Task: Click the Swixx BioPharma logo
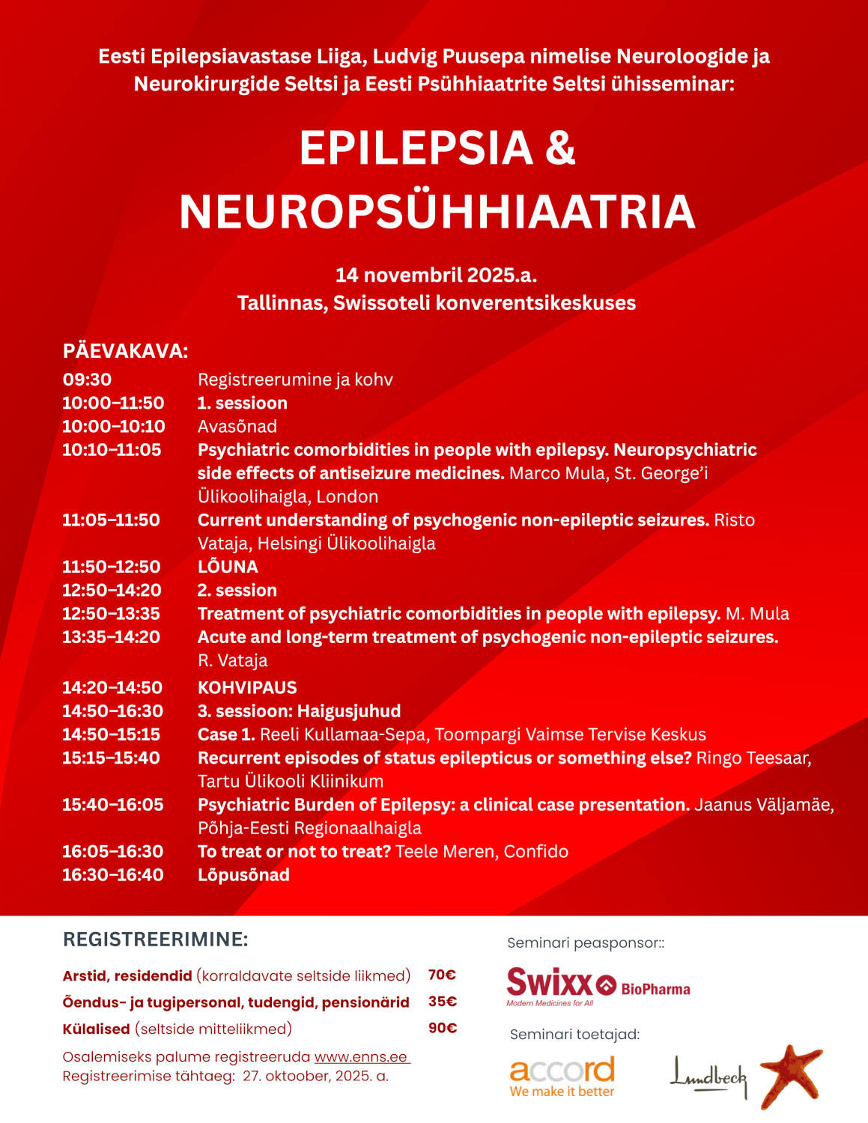point(598,987)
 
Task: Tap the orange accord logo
point(562,1077)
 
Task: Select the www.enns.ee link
point(361,1057)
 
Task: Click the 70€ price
point(442,975)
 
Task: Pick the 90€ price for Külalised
point(442,1028)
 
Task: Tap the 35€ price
point(442,1002)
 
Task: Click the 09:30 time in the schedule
point(87,380)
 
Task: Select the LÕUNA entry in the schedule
point(228,567)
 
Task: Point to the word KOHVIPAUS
point(247,687)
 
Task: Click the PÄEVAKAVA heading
point(125,351)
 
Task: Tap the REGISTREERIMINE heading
point(155,940)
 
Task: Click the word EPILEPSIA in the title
point(416,148)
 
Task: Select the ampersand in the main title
point(560,148)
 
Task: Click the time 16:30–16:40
point(112,874)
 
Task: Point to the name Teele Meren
point(445,851)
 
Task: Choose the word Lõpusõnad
point(243,874)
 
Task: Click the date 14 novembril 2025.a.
point(436,275)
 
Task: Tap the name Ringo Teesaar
point(753,758)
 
